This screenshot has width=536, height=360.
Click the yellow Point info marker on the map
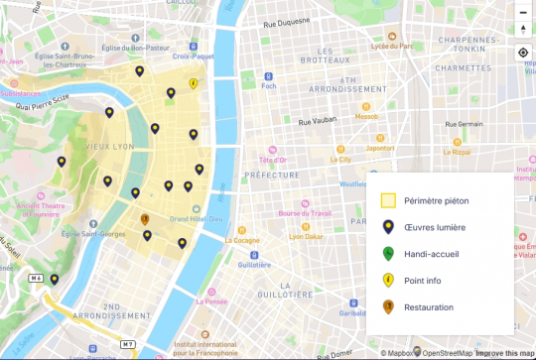pyautogui.click(x=193, y=84)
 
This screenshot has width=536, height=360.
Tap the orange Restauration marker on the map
pyautogui.click(x=145, y=219)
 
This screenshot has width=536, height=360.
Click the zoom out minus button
pyautogui.click(x=523, y=13)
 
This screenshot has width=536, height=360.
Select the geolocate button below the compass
pyautogui.click(x=523, y=53)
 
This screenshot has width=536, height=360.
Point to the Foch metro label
pyautogui.click(x=267, y=85)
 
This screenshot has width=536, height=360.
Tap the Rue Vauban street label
pyautogui.click(x=319, y=122)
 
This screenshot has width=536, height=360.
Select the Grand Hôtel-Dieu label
pyautogui.click(x=196, y=218)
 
